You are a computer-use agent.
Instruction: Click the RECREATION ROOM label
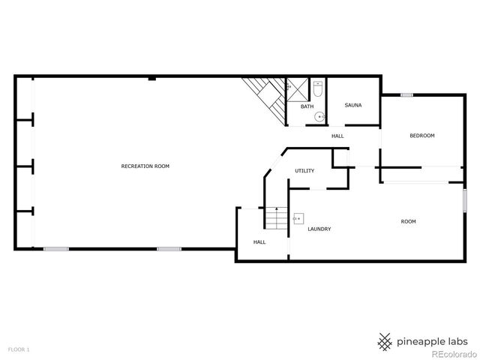[145, 165]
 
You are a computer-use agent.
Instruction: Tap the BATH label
[307, 106]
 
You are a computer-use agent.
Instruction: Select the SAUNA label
[353, 105]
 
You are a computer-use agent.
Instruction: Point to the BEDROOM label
[421, 135]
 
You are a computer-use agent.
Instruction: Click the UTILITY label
[304, 171]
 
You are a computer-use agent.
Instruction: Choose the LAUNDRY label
[319, 229]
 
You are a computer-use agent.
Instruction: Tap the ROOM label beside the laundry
[408, 221]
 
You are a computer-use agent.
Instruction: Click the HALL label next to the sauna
[337, 136]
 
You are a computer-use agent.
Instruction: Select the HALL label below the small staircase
[259, 242]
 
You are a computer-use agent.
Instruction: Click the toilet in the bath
[318, 89]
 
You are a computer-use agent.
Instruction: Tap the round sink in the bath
[319, 116]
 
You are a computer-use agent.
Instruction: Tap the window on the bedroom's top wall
[406, 94]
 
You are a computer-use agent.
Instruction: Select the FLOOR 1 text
[19, 349]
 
